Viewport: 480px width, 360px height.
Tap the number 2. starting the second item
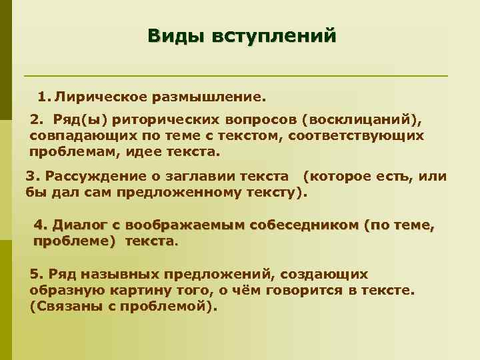37,121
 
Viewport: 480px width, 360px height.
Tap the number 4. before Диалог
41,225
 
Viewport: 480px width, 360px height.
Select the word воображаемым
182,225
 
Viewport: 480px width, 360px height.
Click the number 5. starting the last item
37,275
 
